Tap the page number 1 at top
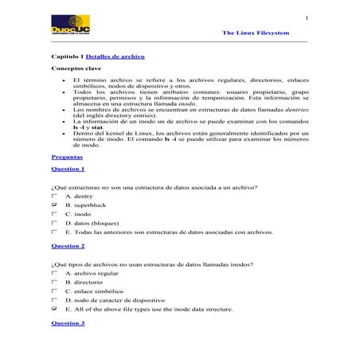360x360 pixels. (306, 18)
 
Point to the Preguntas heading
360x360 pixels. (66, 157)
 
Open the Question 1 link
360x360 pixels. (68, 170)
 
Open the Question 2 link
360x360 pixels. (68, 246)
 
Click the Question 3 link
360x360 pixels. (68, 323)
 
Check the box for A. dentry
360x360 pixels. (54, 195)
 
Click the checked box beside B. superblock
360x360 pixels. (54, 205)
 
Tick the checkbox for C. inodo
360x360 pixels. (54, 213)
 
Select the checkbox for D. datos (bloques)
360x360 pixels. (54, 223)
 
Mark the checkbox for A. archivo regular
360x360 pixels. (54, 272)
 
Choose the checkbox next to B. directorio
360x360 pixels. (54, 281)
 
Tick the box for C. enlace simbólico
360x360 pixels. (54, 291)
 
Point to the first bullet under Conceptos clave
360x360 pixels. (63, 81)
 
